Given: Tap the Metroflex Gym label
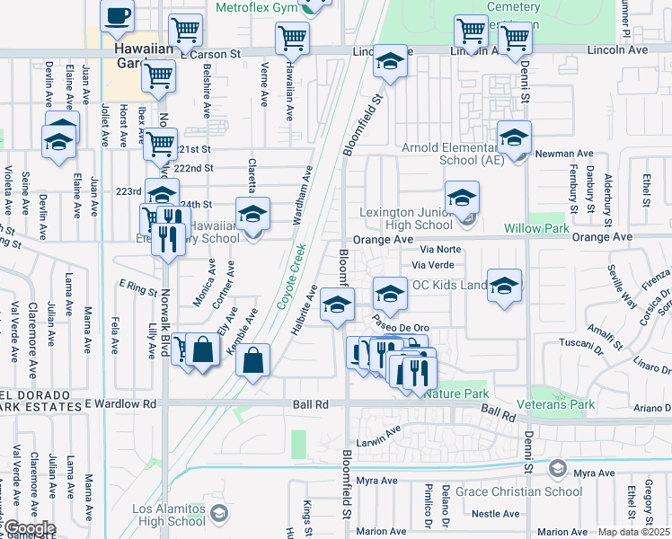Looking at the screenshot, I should (256, 7).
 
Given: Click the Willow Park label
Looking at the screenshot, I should (537, 229).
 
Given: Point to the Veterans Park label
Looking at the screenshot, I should (562, 405).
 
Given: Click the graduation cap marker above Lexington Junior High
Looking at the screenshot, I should (462, 198).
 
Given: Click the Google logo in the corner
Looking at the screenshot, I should (29, 528).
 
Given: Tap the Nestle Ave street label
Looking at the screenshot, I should (496, 514).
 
